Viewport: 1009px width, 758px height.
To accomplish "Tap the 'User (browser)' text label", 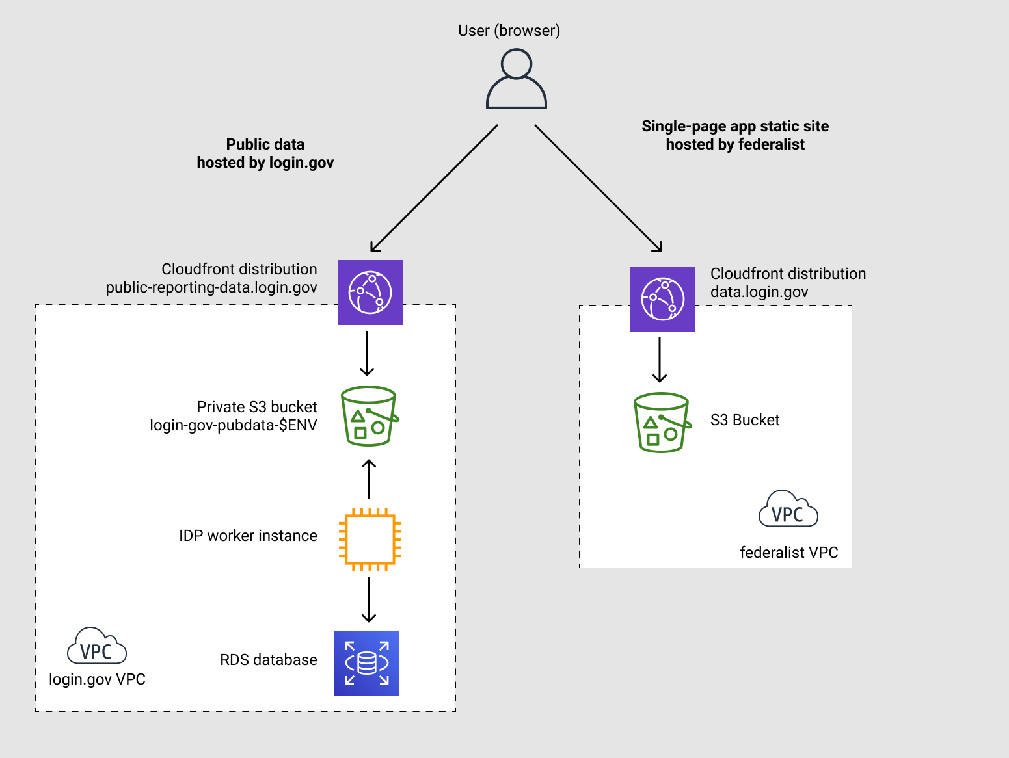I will [x=509, y=31].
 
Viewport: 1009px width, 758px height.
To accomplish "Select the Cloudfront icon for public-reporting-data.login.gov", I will [x=370, y=293].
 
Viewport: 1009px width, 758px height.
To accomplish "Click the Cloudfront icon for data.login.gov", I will [x=662, y=299].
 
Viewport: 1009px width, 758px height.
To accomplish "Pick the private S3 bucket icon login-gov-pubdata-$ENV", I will [x=369, y=416].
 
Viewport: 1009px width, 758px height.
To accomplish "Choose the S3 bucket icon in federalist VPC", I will [x=662, y=423].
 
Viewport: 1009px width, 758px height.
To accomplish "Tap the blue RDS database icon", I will [x=367, y=663].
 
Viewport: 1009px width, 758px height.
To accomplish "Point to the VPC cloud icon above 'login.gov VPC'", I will [x=97, y=646].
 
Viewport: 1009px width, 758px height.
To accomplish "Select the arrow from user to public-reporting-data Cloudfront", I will [x=434, y=188].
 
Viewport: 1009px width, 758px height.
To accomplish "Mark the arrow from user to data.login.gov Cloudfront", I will [x=598, y=188].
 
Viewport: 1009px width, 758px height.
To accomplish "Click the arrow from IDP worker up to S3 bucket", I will [x=369, y=479].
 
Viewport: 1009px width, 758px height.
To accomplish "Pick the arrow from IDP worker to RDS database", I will [x=369, y=599].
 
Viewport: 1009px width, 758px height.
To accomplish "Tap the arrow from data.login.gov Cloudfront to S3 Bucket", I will [x=660, y=359].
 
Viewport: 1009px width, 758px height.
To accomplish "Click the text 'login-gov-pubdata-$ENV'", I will [x=234, y=425].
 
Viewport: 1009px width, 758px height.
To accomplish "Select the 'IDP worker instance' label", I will [x=248, y=536].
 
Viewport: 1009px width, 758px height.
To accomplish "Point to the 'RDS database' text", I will [x=269, y=660].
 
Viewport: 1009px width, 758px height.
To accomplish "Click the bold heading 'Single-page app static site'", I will [x=735, y=126].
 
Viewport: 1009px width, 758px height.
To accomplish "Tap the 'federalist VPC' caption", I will [x=788, y=553].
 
